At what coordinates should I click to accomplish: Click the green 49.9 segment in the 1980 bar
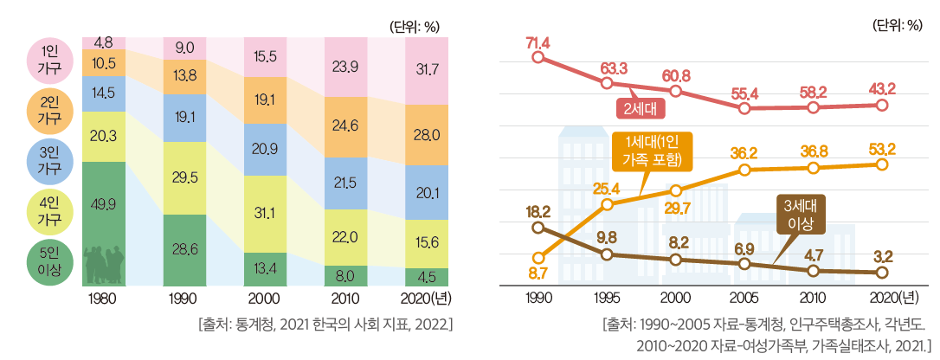pyautogui.click(x=103, y=222)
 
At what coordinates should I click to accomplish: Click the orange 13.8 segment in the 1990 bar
pyautogui.click(x=185, y=77)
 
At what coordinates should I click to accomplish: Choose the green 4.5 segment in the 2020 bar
pyautogui.click(x=424, y=277)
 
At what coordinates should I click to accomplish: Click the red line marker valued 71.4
pyautogui.click(x=538, y=58)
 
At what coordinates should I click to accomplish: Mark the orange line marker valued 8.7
pyautogui.click(x=538, y=258)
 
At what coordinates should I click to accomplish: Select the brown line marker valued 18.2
pyautogui.click(x=538, y=228)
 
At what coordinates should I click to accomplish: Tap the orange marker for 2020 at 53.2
pyautogui.click(x=881, y=164)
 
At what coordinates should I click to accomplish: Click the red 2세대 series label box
pyautogui.click(x=639, y=108)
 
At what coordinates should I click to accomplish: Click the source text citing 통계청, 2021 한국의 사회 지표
pyautogui.click(x=325, y=325)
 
